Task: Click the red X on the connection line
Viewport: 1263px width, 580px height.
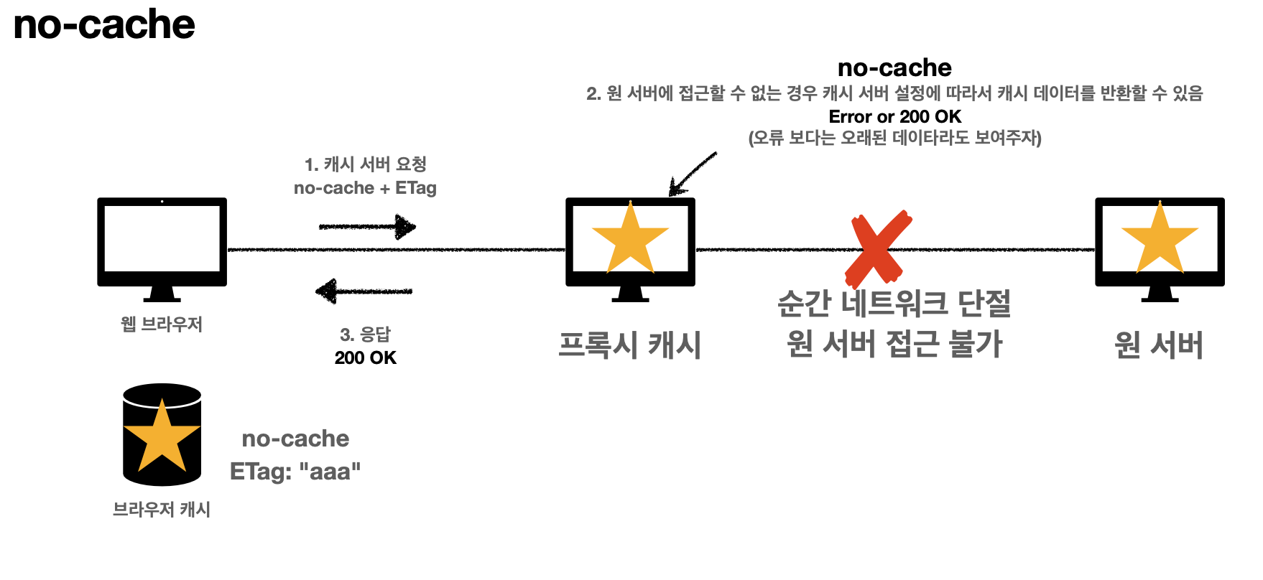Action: pos(877,248)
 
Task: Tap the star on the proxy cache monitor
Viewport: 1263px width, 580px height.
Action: pos(630,239)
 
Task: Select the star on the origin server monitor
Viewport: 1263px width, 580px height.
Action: pos(1159,239)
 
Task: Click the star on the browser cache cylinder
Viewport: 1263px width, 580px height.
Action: pos(162,436)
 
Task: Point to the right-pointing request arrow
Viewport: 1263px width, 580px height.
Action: pos(367,227)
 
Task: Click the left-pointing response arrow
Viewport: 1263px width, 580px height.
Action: pos(364,291)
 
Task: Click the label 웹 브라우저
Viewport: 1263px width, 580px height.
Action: pos(162,324)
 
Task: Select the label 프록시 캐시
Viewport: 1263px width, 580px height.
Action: pos(630,345)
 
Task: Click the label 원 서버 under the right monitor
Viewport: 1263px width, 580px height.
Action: pos(1159,345)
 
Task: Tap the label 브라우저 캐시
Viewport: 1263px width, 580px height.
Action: pos(162,510)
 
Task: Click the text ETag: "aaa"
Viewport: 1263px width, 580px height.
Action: pos(295,472)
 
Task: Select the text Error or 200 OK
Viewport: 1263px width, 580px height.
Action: pos(894,116)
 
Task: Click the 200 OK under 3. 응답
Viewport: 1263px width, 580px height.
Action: pos(365,357)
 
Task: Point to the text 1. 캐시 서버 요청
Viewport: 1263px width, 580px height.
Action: pos(365,164)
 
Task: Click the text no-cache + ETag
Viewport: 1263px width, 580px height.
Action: pos(365,188)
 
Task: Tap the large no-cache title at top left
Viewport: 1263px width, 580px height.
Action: pos(104,24)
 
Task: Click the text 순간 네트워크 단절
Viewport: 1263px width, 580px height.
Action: pos(894,304)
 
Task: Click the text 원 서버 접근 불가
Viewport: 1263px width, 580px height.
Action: pos(894,344)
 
